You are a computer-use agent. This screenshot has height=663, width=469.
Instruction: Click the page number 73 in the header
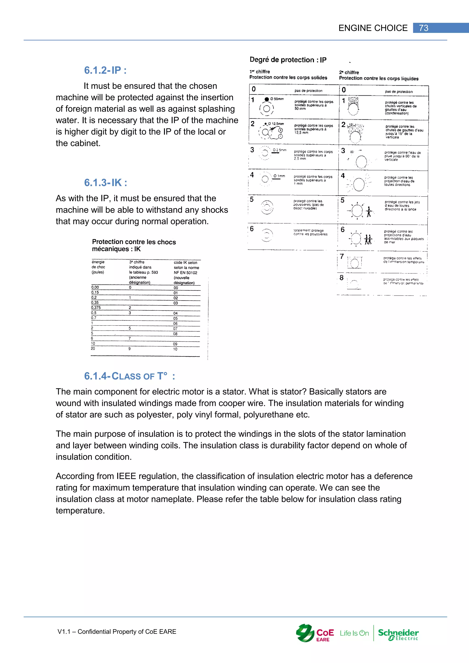point(423,28)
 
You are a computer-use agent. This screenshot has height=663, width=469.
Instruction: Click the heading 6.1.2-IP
point(105,70)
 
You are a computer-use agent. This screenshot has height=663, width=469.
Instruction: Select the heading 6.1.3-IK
point(105,182)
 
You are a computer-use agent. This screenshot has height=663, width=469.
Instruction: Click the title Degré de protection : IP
point(288,60)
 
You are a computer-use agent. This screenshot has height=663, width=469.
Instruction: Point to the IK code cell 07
point(175,329)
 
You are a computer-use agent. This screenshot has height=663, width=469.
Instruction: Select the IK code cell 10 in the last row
point(175,349)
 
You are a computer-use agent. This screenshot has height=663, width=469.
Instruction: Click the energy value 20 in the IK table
point(93,348)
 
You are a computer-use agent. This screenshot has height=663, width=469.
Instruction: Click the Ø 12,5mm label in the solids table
point(276,124)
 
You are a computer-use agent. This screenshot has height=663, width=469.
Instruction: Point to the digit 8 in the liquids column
point(342,277)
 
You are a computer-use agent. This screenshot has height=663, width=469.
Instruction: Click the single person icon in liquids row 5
point(369,212)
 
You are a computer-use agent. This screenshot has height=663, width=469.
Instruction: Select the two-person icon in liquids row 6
point(368,239)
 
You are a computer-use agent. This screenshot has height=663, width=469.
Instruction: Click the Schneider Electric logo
point(398,634)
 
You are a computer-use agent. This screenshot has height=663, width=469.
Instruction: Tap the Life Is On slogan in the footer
point(354,633)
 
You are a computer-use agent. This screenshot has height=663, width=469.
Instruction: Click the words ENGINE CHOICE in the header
point(373,28)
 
